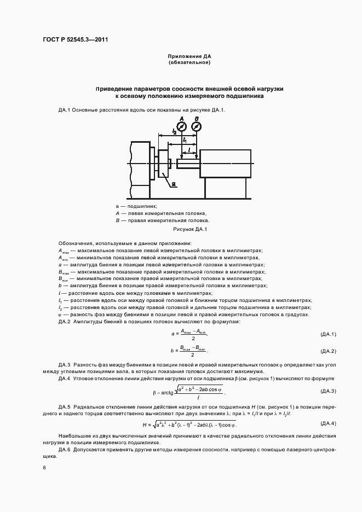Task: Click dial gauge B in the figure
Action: pos(197,126)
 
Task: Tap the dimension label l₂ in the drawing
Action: pos(174,132)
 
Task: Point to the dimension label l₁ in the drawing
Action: pos(185,141)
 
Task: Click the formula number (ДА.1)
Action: pos(327,334)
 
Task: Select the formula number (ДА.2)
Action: pos(327,351)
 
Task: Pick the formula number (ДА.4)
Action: pos(327,423)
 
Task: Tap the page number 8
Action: pos(44,467)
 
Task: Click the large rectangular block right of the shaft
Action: pos(226,164)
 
